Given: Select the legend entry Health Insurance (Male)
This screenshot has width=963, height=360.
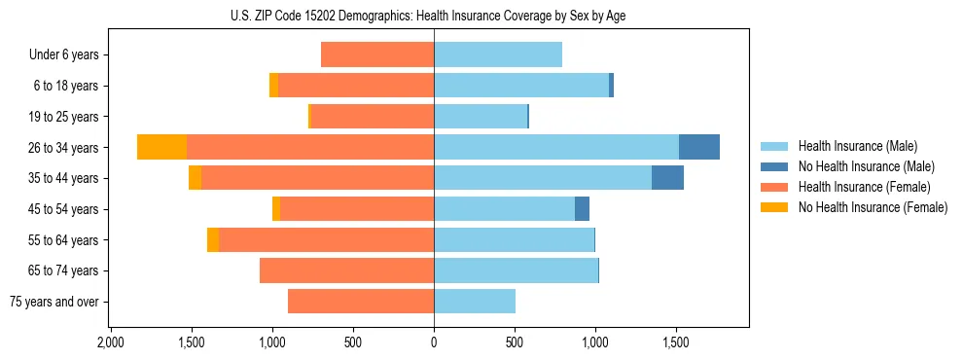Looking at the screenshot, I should click(x=857, y=146).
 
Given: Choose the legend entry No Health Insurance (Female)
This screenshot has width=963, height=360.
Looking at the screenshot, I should click(x=873, y=207).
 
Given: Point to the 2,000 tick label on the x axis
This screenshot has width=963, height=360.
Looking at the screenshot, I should click(x=111, y=342).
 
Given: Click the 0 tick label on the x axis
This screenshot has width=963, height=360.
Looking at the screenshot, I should click(x=434, y=342).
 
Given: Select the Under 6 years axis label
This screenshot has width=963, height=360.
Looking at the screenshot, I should click(x=64, y=55).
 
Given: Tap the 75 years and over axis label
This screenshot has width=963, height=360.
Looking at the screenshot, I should click(x=54, y=302).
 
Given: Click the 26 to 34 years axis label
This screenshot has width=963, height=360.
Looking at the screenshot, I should click(x=65, y=148).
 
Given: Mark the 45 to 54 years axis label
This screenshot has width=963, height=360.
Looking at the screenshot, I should click(x=65, y=209).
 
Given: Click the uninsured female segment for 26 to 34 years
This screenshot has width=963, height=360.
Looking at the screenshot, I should click(x=161, y=147).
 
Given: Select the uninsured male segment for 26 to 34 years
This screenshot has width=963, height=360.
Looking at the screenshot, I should click(x=698, y=147).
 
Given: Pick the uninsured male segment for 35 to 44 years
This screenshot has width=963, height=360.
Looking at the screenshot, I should click(x=667, y=178).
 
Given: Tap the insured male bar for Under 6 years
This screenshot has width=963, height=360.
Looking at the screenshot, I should click(x=498, y=54).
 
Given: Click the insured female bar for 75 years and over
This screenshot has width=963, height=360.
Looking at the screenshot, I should click(x=361, y=302).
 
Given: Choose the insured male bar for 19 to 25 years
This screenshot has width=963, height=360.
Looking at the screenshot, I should click(x=481, y=117).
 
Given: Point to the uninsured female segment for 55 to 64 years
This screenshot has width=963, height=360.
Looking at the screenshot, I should click(x=213, y=239).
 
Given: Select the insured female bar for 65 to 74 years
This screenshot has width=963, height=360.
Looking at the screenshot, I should click(x=347, y=270).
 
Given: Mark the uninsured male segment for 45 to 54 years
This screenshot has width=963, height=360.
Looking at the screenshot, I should click(x=582, y=209).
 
